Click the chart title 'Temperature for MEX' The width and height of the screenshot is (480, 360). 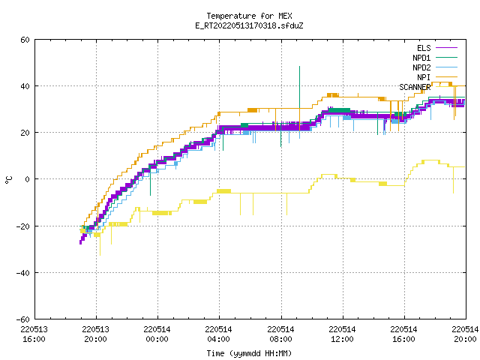click(x=249, y=16)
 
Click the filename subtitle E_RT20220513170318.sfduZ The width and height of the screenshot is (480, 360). click(x=249, y=25)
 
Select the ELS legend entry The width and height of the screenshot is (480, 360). click(x=436, y=48)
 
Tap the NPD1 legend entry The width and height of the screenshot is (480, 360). click(x=435, y=58)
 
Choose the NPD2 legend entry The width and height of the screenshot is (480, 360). click(x=435, y=67)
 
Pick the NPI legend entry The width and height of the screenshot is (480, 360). click(x=436, y=77)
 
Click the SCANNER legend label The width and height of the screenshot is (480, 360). click(x=415, y=87)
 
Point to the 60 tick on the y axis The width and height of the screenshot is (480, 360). click(x=25, y=40)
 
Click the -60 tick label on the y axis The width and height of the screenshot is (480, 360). click(x=23, y=319)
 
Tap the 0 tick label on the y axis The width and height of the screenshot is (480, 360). click(x=27, y=179)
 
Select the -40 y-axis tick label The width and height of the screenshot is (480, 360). click(x=23, y=273)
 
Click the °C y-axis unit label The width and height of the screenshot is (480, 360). click(x=9, y=180)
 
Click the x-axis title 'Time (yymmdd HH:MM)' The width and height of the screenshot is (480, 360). click(x=249, y=353)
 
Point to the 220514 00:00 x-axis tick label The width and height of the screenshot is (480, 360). click(x=157, y=334)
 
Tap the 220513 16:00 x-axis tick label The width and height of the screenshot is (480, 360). click(x=34, y=334)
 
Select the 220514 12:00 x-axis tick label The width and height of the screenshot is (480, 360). click(x=342, y=334)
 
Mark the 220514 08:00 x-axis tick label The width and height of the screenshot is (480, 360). click(x=280, y=334)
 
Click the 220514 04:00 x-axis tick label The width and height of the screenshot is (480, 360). click(x=218, y=334)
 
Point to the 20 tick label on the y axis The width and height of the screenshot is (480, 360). click(x=25, y=133)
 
